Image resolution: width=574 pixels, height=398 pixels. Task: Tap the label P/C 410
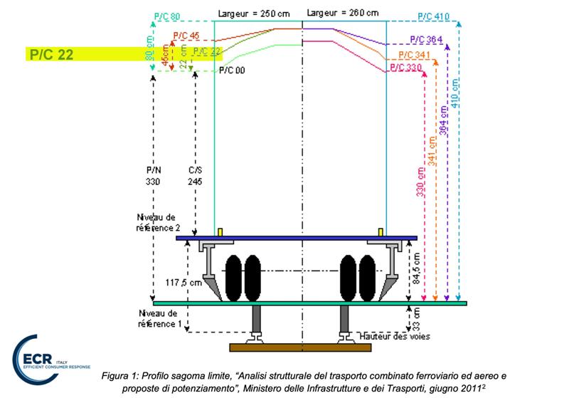(x=434, y=15)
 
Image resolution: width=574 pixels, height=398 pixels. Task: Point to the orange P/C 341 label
(x=414, y=55)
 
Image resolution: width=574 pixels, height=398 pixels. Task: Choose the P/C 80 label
(x=166, y=15)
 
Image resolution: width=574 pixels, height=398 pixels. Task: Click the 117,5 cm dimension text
(x=180, y=281)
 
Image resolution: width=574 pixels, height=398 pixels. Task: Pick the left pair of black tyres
(x=242, y=276)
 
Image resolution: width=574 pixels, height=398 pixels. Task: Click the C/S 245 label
(x=194, y=177)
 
